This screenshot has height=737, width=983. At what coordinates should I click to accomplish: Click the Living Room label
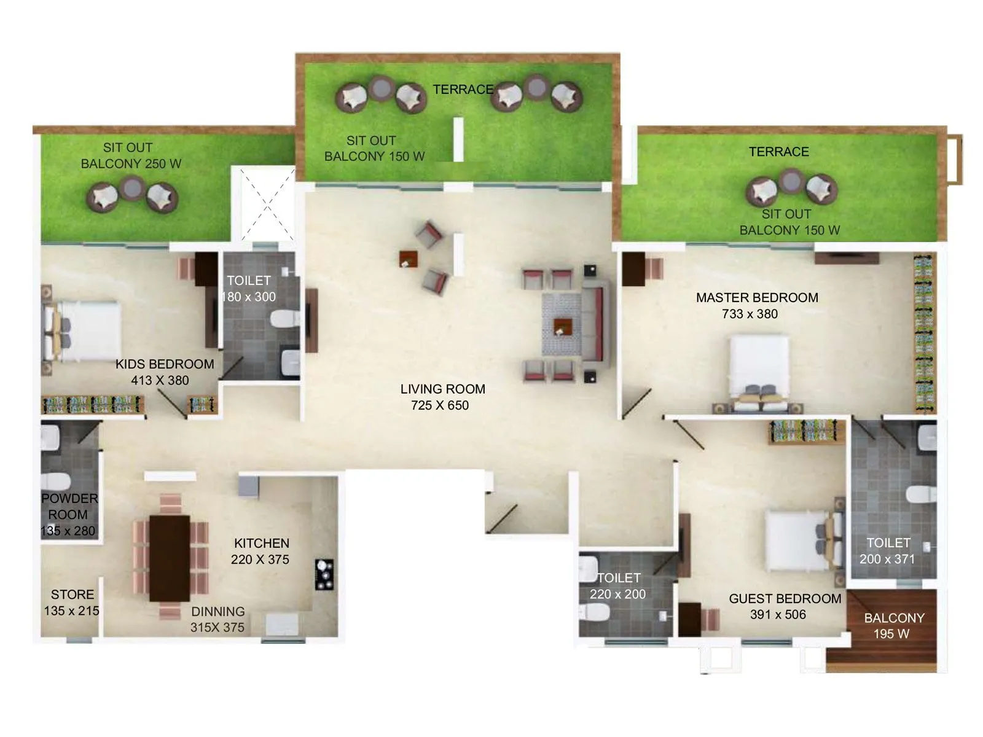click(x=442, y=389)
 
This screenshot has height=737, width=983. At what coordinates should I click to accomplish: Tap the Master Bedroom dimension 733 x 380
click(x=750, y=314)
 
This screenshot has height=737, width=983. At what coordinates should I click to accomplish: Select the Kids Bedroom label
click(x=165, y=364)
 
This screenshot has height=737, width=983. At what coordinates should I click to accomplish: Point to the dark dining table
click(x=170, y=558)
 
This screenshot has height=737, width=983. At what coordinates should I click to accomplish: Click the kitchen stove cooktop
click(x=324, y=574)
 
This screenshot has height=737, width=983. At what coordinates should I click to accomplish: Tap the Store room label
click(x=72, y=595)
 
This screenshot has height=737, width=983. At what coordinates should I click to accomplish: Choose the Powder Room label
click(x=68, y=507)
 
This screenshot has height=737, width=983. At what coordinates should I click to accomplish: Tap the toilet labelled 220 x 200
click(x=618, y=586)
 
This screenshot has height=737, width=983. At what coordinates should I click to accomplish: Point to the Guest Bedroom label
click(x=785, y=599)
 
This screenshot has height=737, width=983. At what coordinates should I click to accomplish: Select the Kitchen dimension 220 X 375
click(x=260, y=560)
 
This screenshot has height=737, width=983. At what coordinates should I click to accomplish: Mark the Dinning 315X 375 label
click(x=217, y=619)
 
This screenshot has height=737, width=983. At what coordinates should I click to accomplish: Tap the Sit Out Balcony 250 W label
click(x=131, y=155)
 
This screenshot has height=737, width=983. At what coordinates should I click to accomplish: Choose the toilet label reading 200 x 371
click(x=887, y=559)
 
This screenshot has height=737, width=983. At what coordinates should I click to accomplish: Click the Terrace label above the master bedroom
click(x=778, y=152)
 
